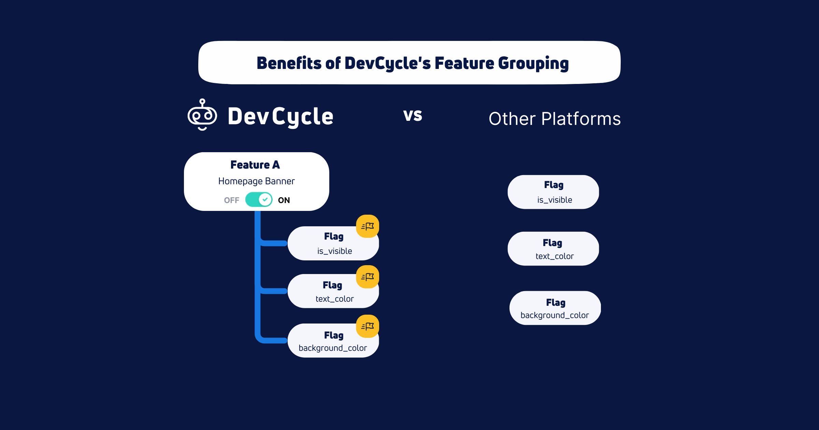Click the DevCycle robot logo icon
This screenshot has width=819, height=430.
pyautogui.click(x=202, y=115)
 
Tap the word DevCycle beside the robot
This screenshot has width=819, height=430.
pyautogui.click(x=280, y=116)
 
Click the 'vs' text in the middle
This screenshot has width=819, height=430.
pyautogui.click(x=413, y=115)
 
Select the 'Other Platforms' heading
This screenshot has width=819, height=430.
pyautogui.click(x=555, y=119)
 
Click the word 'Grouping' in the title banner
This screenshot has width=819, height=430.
pyautogui.click(x=533, y=63)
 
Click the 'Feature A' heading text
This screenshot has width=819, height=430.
pyautogui.click(x=255, y=165)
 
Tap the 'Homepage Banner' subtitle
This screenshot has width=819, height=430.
pyautogui.click(x=256, y=181)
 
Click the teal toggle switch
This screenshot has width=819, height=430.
pyautogui.click(x=259, y=200)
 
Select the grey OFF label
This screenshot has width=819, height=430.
pyautogui.click(x=231, y=200)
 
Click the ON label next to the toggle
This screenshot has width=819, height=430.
pyautogui.click(x=284, y=200)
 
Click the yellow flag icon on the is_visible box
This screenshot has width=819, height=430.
pyautogui.click(x=368, y=226)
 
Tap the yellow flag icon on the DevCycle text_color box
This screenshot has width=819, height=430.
pyautogui.click(x=368, y=277)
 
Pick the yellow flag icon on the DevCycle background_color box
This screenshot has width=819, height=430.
pyautogui.click(x=368, y=326)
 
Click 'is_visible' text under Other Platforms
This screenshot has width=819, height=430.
pyautogui.click(x=555, y=200)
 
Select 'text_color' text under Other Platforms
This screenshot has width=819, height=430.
pyautogui.click(x=555, y=256)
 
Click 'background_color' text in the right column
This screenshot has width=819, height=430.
pyautogui.click(x=555, y=315)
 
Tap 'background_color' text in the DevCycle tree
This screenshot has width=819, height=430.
pyautogui.click(x=333, y=348)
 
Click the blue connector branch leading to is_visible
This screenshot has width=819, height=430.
pyautogui.click(x=273, y=243)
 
